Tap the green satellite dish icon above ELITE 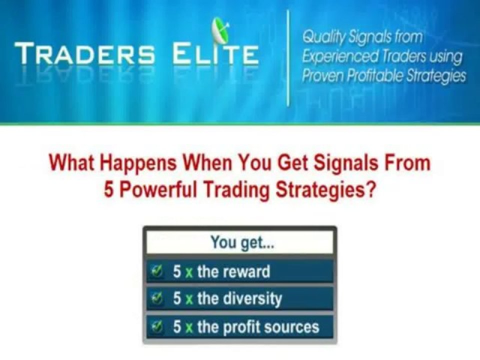[220, 31]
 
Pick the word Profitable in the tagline [378, 75]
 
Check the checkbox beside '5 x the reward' [157, 271]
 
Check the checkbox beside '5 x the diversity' [157, 299]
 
